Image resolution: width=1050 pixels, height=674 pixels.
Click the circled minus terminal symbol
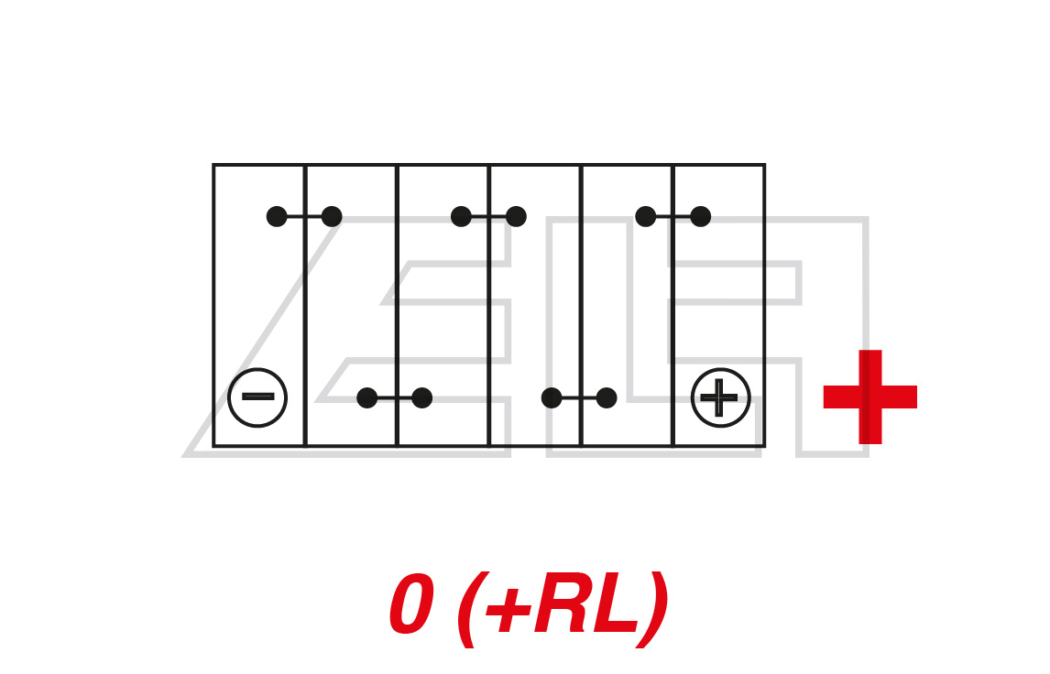257,397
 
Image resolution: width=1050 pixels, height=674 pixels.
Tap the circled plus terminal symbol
720,397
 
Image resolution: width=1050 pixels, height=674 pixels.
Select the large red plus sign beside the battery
870,397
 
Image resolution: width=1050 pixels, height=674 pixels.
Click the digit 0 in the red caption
411,606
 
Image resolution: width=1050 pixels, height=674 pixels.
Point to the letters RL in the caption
586,606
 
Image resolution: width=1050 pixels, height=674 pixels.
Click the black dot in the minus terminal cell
277,216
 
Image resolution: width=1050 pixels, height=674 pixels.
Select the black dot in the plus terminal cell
700,216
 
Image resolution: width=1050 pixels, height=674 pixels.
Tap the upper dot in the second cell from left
332,216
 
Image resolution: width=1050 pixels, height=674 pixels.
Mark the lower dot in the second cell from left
367,397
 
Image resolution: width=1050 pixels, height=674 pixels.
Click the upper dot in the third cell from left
461,216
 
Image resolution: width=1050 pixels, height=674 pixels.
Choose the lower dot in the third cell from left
421,397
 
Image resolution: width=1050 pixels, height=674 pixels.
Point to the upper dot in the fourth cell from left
516,216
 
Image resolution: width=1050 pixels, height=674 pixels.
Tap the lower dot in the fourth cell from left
552,397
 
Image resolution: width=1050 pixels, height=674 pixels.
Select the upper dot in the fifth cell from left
646,216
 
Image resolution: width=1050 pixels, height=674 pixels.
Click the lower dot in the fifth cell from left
607,397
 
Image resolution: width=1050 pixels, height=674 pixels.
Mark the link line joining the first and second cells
304,216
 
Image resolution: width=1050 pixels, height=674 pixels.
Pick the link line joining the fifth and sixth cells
673,216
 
